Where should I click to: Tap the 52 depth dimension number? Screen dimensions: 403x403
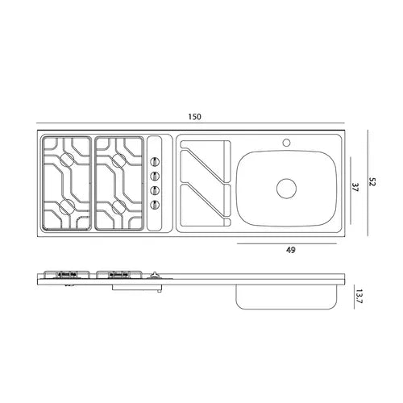pos(372,182)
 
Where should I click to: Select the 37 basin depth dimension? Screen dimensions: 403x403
pos(355,186)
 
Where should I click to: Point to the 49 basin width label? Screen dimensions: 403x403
pos(290,250)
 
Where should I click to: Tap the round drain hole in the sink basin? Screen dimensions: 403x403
pos(287,189)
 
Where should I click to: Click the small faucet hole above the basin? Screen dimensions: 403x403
pos(285,143)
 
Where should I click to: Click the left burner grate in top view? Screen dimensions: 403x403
pos(66,182)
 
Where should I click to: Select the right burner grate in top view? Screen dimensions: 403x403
pos(118,182)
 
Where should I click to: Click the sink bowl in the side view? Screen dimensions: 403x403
pos(287,296)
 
